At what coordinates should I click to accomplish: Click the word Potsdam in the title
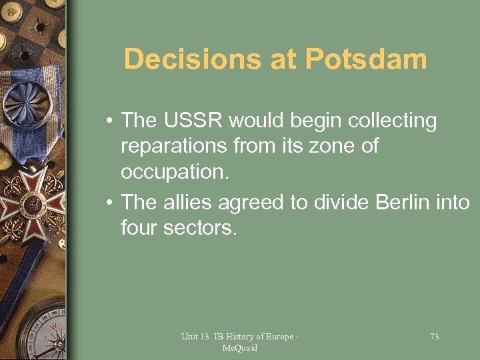click(x=366, y=59)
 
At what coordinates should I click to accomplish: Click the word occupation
click(x=175, y=172)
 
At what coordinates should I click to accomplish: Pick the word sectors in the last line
click(x=201, y=228)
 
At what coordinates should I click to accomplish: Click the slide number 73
click(x=434, y=337)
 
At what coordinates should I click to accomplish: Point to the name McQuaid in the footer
click(x=240, y=348)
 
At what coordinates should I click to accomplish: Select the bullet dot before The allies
click(x=108, y=203)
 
